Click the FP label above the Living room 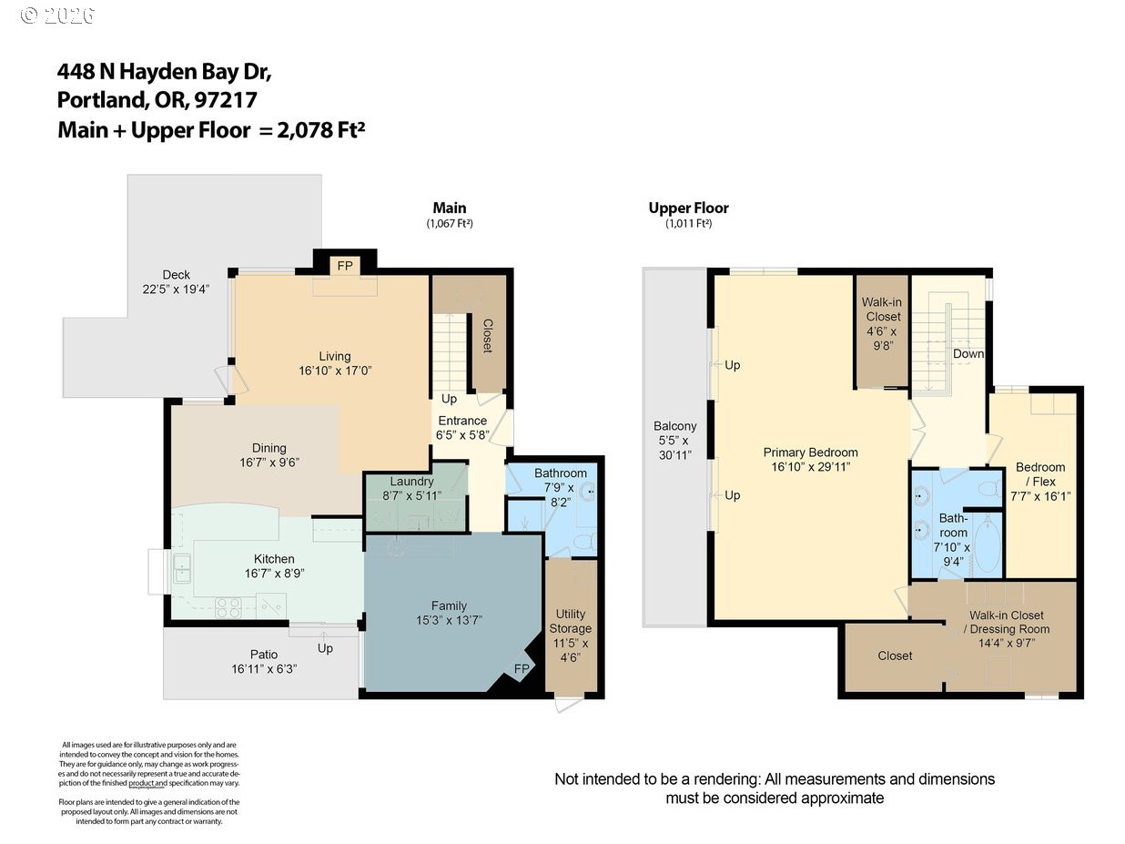tap(345, 266)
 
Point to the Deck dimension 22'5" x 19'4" tap(176, 290)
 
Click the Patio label tap(264, 654)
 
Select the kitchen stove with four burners tap(227, 607)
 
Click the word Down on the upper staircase tap(968, 353)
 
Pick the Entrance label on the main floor tap(462, 421)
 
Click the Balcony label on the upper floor tap(674, 426)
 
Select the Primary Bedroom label tap(810, 453)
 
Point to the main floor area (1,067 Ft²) tap(449, 223)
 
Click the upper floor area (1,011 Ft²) tap(688, 223)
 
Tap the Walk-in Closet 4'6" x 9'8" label tap(882, 316)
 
